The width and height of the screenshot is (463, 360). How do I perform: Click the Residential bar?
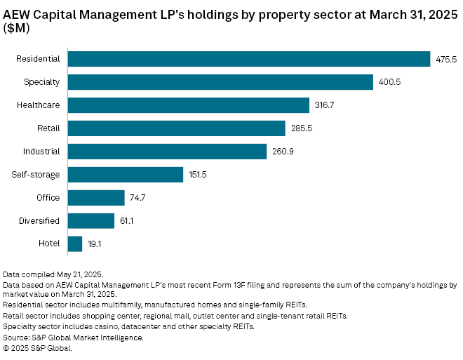coord(249,59)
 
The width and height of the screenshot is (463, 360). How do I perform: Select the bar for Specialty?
coord(220,82)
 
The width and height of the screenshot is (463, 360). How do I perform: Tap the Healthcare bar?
coord(189,105)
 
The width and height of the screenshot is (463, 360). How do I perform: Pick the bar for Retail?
coord(177,128)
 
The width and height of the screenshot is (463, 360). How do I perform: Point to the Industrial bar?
coord(168,152)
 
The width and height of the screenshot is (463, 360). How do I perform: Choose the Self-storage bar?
coord(126,175)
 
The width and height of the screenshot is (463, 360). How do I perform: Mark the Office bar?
coord(96,198)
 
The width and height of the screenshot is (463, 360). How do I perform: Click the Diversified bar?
coord(91,221)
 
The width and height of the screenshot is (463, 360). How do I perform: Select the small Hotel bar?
coord(75,244)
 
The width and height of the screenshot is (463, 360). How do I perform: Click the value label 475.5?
coord(445,60)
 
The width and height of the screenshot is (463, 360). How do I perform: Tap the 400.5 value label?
coord(389,83)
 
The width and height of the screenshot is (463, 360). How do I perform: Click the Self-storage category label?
coord(36,175)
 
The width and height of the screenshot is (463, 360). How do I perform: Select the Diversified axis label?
coord(39,221)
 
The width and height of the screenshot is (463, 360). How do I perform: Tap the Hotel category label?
coord(50,244)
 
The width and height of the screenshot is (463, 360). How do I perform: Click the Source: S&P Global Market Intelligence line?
coord(74,338)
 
